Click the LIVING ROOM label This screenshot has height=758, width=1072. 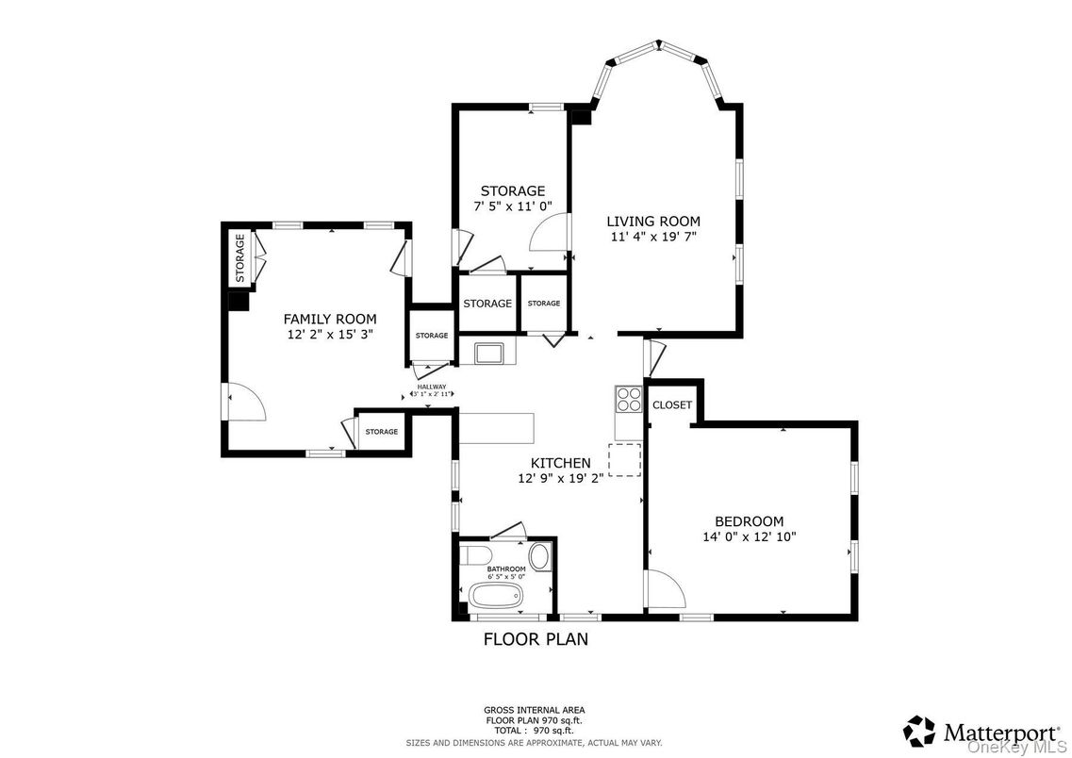652,222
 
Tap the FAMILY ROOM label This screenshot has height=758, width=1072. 330,319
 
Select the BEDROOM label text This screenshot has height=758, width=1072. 749,521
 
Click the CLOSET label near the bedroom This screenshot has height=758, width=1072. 672,404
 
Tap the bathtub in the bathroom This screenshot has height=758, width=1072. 495,596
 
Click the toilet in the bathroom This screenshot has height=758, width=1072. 473,553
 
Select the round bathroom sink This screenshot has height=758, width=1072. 539,556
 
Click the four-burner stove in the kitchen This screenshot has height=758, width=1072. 628,400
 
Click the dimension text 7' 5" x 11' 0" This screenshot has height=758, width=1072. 512,206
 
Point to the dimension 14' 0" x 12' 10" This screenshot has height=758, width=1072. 749,536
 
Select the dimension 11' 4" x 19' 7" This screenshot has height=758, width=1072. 652,237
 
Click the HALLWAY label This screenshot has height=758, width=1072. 432,386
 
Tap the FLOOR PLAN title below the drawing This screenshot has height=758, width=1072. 536,639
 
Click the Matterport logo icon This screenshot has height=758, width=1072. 919,732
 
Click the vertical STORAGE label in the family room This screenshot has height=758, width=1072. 239,258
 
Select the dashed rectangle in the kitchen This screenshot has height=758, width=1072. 624,459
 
